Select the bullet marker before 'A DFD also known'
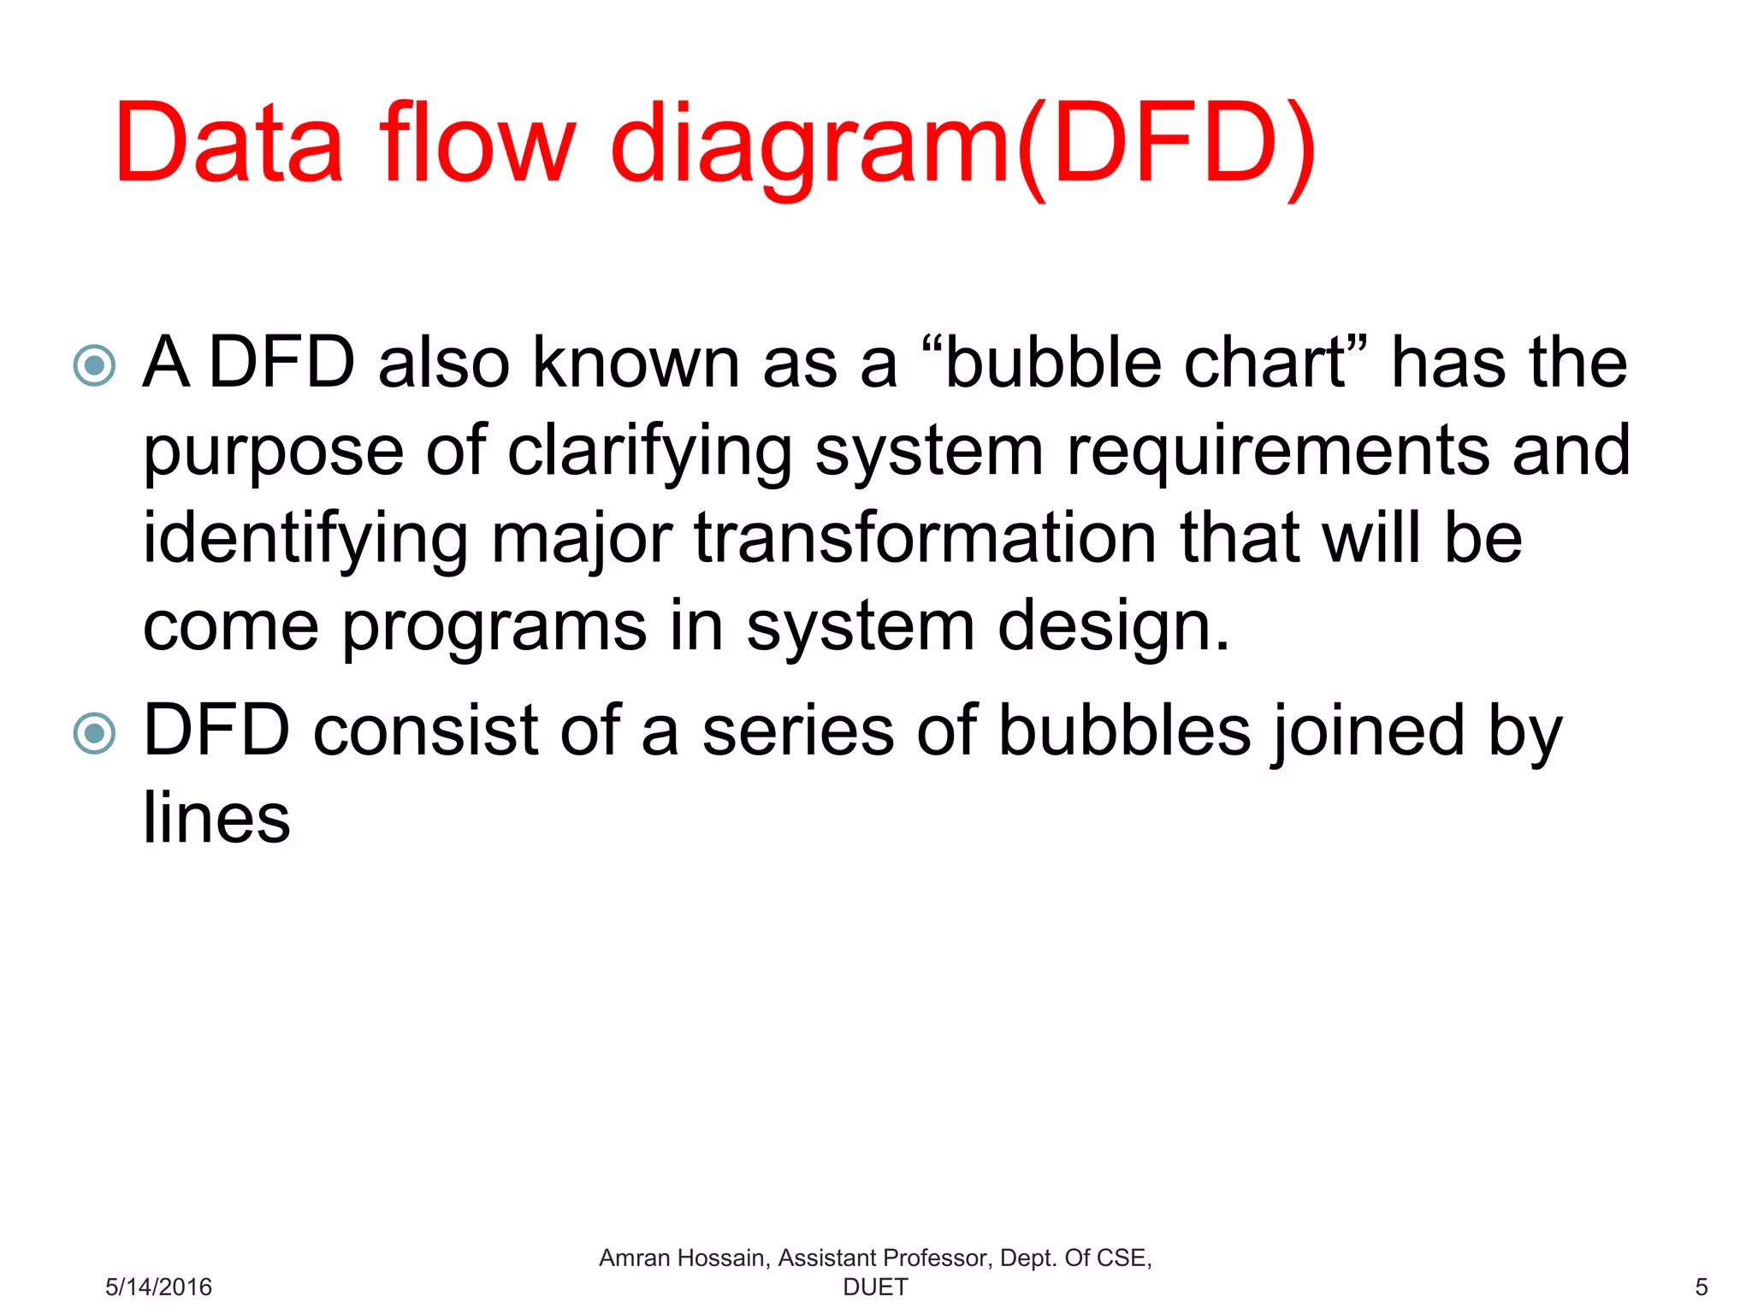pos(94,365)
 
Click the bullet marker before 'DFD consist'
pos(94,733)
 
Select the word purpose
pos(273,453)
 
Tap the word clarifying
pos(650,453)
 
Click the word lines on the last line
pos(216,818)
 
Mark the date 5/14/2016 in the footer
pos(158,1287)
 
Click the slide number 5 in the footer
pos(1701,1287)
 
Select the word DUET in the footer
pos(875,1287)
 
